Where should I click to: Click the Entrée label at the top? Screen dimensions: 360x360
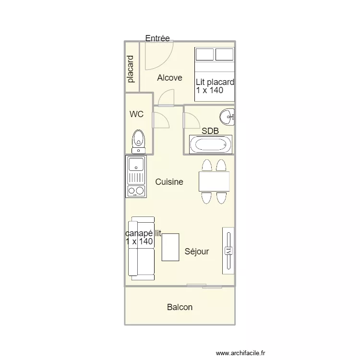point(157,38)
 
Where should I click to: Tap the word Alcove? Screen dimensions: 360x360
point(169,77)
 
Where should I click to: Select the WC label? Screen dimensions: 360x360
point(137,114)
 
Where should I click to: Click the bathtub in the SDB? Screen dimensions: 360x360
point(210,144)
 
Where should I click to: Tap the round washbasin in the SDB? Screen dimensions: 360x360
point(227,116)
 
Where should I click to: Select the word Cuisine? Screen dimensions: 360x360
point(169,182)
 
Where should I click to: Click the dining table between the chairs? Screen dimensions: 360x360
point(214,181)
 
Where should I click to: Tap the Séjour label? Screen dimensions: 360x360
point(197,252)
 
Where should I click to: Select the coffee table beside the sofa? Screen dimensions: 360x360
point(170,247)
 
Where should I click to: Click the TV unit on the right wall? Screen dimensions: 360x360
point(228,251)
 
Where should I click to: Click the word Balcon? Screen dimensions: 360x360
point(180,307)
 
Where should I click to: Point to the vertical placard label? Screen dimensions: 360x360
point(131,70)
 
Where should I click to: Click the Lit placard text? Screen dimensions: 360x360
point(215,82)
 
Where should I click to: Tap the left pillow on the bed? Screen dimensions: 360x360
point(204,54)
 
